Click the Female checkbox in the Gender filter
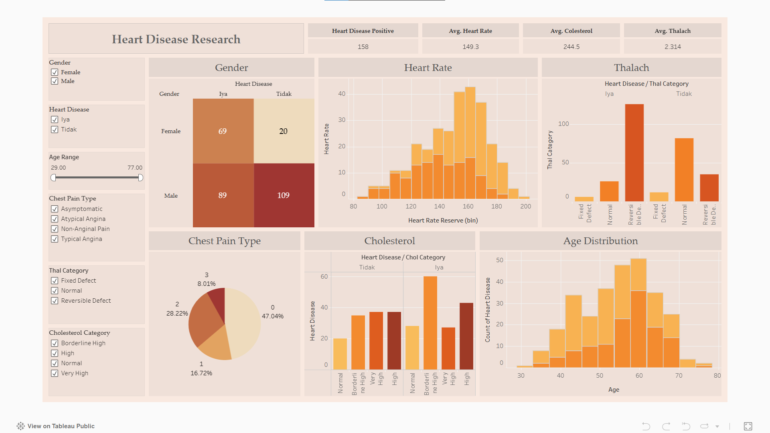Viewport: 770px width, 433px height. (55, 72)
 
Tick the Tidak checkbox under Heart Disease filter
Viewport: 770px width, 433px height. (55, 129)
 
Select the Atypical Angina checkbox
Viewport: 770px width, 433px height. (55, 219)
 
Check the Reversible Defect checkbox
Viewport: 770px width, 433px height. (55, 301)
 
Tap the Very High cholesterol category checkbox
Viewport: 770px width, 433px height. (55, 373)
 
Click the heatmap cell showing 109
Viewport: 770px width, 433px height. (284, 195)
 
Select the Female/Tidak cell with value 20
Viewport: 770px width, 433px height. (284, 131)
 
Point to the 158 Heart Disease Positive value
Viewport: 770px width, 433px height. (363, 47)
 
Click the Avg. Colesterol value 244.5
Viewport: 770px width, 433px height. (571, 47)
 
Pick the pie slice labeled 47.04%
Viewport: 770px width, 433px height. (243, 321)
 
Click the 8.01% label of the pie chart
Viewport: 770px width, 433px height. (207, 284)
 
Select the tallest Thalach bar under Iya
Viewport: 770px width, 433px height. (634, 152)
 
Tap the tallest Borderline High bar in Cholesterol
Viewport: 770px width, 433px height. (430, 323)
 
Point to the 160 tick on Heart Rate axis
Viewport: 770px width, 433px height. (468, 206)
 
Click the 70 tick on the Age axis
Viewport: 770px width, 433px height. (679, 376)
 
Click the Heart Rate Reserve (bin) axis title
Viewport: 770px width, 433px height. (443, 221)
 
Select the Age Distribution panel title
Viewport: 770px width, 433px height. (600, 241)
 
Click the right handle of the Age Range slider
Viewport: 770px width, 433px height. (140, 178)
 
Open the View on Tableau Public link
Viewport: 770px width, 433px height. (61, 426)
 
